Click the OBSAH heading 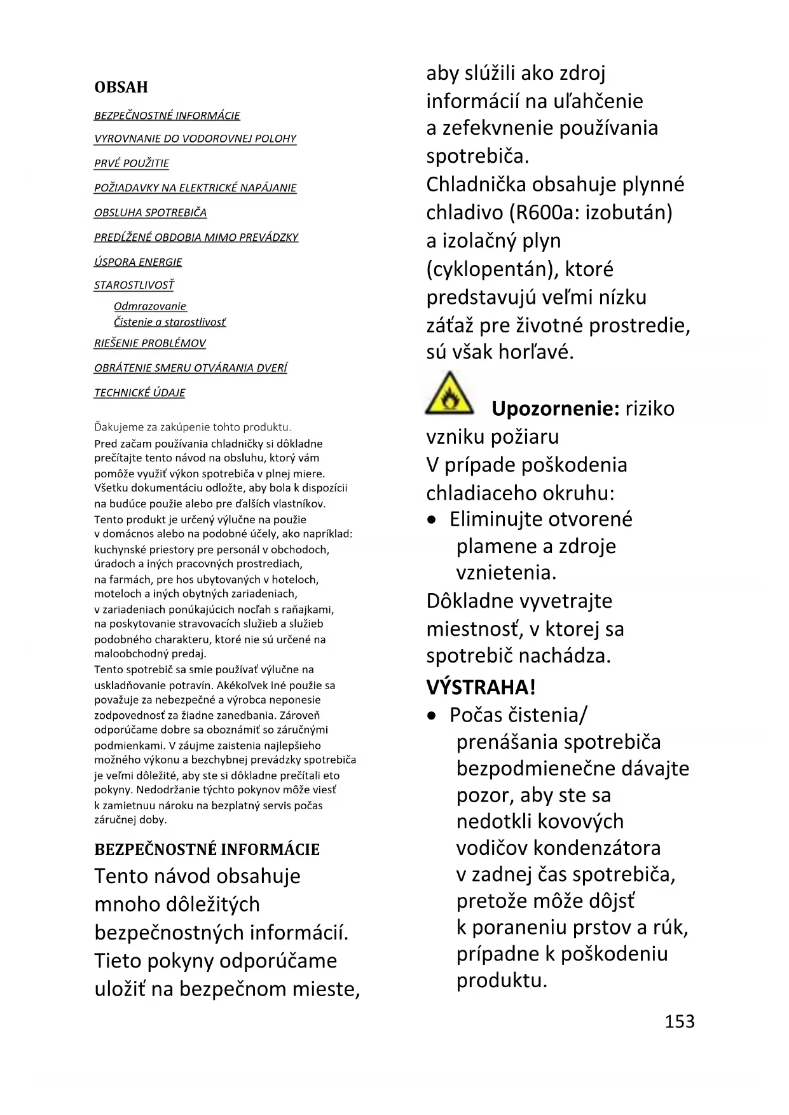(121, 87)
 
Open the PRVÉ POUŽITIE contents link (132, 163)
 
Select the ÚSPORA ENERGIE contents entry (138, 262)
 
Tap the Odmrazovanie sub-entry (150, 306)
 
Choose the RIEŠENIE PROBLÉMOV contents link (150, 343)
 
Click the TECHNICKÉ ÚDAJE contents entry (140, 393)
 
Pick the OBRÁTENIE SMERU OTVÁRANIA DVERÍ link (191, 368)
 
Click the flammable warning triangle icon (449, 394)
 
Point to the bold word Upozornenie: (555, 409)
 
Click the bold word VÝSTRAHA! (481, 687)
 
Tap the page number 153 (680, 1021)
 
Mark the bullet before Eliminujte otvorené (432, 520)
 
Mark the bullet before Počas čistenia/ (432, 716)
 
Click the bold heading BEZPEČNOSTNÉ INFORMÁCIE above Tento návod (207, 849)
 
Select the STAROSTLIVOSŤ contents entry (134, 285)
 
